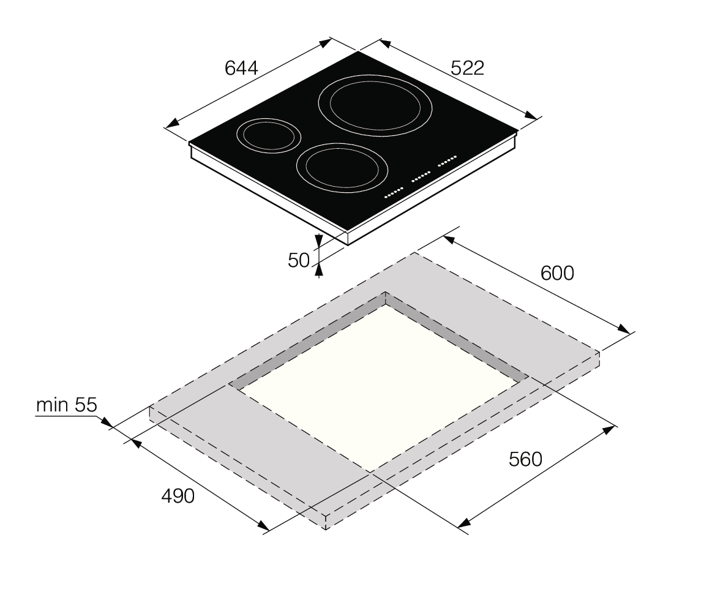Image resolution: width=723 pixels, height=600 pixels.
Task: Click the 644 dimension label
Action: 241,68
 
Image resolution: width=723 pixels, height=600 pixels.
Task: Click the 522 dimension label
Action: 467,68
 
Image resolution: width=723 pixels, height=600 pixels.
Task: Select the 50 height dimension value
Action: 298,261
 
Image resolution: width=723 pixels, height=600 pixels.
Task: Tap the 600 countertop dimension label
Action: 557,274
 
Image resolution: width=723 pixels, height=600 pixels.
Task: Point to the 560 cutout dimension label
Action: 526,459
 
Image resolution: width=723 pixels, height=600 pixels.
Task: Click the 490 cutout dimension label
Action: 178,497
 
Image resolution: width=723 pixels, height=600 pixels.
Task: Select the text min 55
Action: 66,405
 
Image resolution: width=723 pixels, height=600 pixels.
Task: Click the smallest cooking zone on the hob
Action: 269,135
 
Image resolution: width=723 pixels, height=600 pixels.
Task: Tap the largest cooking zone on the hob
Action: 375,105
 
